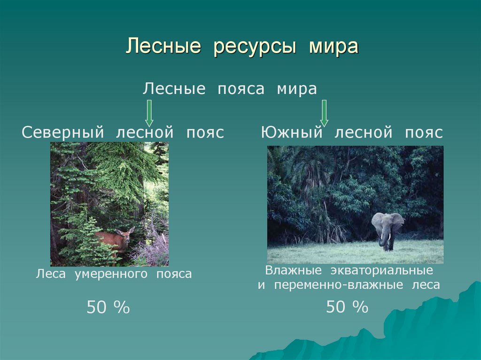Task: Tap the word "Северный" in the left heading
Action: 63,132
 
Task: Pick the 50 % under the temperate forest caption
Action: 108,308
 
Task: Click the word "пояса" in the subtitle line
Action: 240,89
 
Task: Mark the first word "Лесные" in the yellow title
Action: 163,47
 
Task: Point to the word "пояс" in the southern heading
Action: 423,132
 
